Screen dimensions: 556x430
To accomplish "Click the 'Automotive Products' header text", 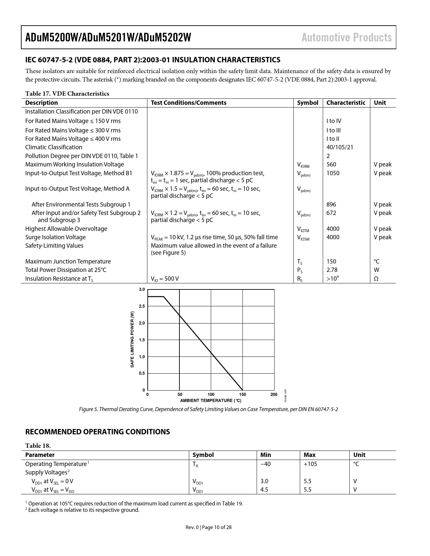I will [x=346, y=37].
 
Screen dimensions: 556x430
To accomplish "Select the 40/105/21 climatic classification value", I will [x=340, y=147].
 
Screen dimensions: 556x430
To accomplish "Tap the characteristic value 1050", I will [x=333, y=173].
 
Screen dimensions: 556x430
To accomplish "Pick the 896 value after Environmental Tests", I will [x=331, y=205].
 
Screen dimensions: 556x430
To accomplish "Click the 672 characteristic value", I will [x=331, y=213].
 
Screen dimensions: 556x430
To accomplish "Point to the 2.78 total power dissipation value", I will [x=332, y=270].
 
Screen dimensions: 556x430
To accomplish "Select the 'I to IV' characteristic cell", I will [x=334, y=121].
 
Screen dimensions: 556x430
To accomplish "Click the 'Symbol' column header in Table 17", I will [x=307, y=103].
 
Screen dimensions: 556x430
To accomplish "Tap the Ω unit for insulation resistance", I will [x=376, y=279].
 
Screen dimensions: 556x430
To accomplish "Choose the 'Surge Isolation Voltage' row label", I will [x=55, y=237].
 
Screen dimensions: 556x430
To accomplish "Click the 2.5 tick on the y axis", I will [x=142, y=306].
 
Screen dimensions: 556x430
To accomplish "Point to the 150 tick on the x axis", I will [x=242, y=395].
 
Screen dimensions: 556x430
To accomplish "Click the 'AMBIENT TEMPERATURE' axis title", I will [x=210, y=401].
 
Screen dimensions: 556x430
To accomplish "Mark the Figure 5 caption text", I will [x=208, y=409].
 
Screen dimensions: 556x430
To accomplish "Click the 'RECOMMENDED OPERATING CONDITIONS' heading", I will [x=97, y=432].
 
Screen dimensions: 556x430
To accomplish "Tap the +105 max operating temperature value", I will [x=310, y=464].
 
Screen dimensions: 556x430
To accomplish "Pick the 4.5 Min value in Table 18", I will [x=264, y=490].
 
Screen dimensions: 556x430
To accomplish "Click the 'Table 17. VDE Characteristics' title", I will [x=67, y=94].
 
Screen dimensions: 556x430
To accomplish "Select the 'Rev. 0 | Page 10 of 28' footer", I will [x=208, y=527].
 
